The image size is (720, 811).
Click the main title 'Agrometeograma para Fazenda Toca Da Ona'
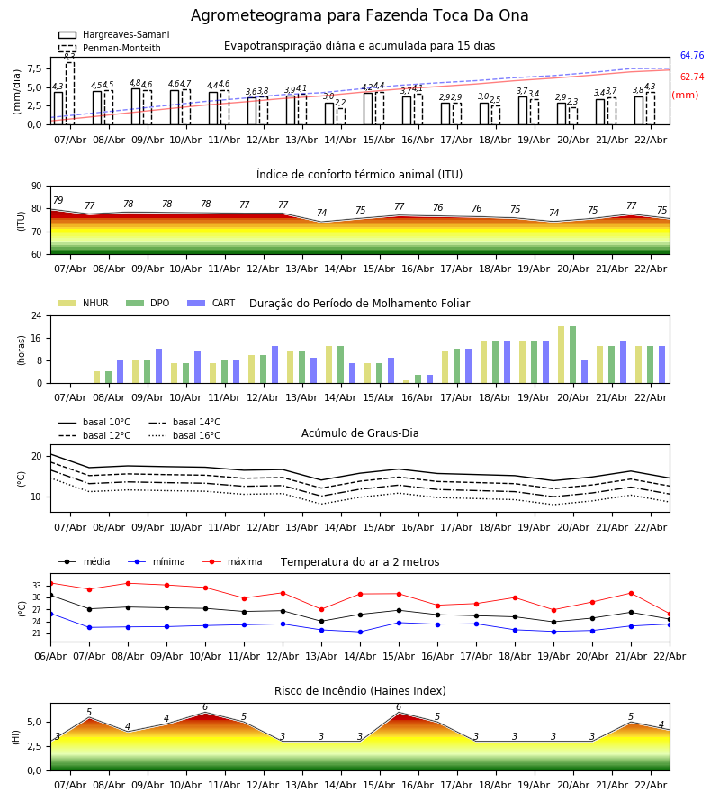coord(359,16)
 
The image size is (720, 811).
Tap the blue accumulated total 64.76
coord(691,56)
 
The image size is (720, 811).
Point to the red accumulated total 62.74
coord(691,77)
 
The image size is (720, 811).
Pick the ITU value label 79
coord(58,201)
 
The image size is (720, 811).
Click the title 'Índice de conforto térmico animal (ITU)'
coord(359,175)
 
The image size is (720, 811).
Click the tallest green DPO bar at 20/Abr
coord(572,354)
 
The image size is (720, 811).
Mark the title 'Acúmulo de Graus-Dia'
coord(360,433)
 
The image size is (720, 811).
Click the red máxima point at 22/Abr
coord(670,614)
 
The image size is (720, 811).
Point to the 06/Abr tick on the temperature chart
coord(50,655)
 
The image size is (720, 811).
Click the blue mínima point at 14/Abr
coord(360,632)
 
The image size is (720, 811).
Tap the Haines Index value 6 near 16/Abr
coord(399,707)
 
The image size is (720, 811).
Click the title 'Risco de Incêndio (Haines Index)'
coord(360,691)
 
